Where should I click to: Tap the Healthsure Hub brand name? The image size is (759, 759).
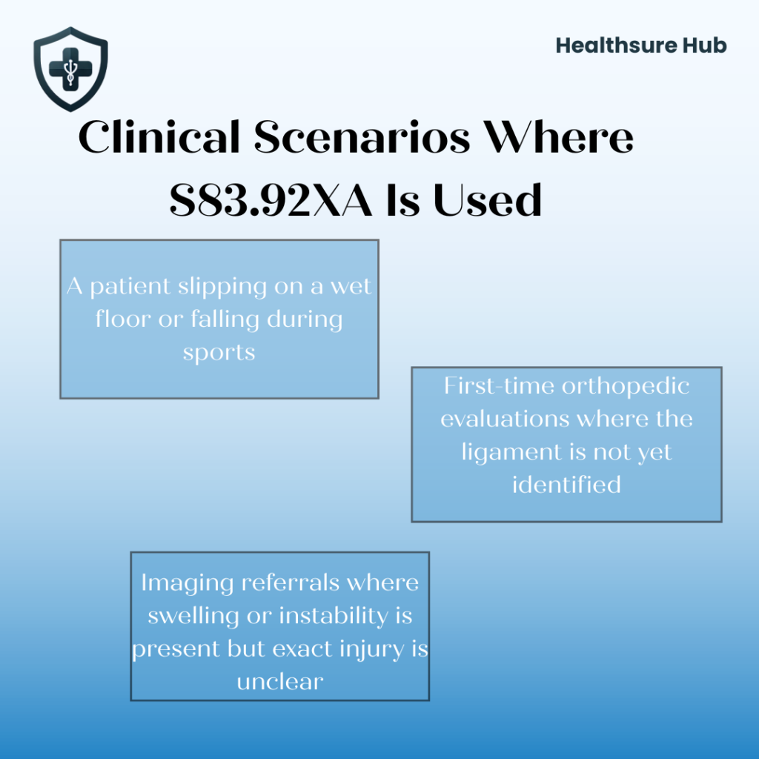(641, 46)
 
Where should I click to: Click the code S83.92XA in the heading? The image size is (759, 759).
(271, 199)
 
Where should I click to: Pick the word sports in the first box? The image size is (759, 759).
(219, 352)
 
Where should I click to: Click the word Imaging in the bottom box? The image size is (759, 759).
(188, 583)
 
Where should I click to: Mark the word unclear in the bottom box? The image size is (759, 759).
(280, 680)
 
